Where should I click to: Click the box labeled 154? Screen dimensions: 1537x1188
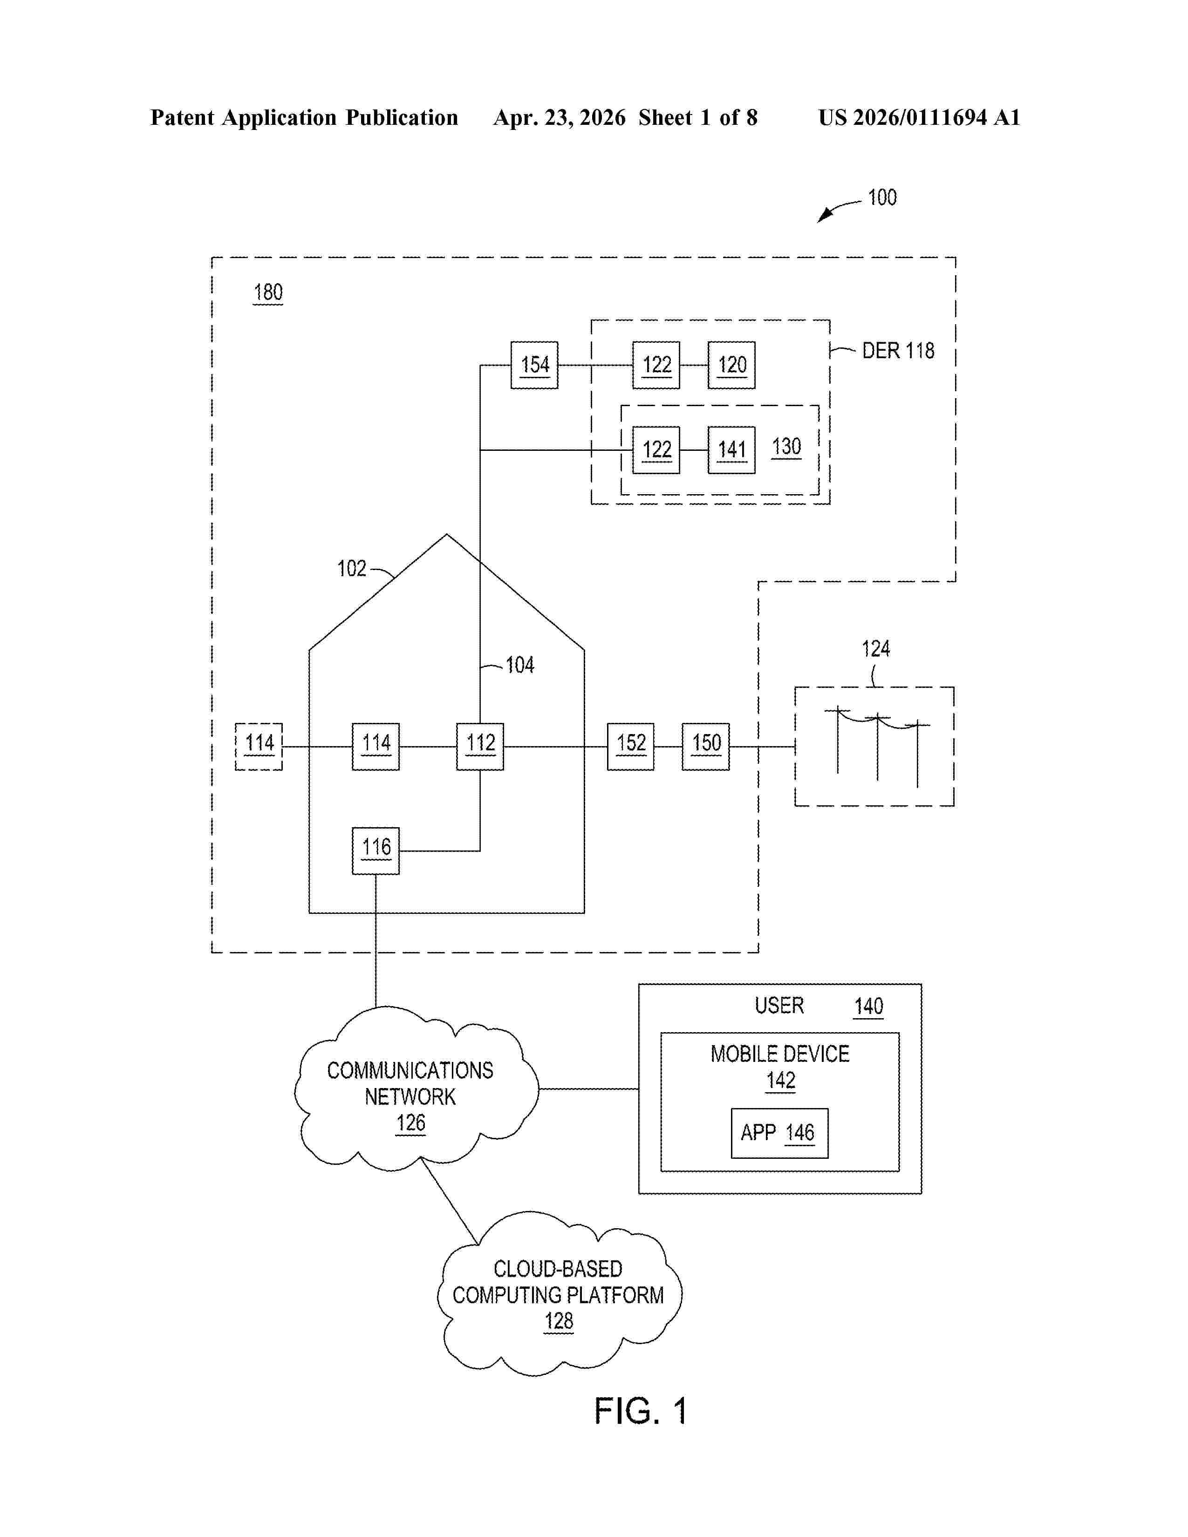point(534,365)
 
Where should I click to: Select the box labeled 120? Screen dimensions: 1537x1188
point(731,365)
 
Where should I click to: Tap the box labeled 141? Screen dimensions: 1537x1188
point(731,450)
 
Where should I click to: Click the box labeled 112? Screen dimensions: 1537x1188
point(480,746)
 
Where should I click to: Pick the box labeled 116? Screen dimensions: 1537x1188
point(376,850)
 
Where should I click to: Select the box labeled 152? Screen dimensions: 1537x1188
point(631,746)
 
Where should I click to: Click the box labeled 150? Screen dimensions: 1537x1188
point(705,746)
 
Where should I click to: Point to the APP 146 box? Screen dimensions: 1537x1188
point(779,1133)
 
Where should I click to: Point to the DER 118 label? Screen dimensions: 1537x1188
point(898,350)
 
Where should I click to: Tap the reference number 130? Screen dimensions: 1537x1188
point(786,447)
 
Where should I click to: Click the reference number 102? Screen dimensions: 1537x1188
point(352,568)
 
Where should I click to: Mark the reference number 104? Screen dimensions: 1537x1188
point(520,665)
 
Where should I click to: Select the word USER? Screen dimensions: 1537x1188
point(779,1006)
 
